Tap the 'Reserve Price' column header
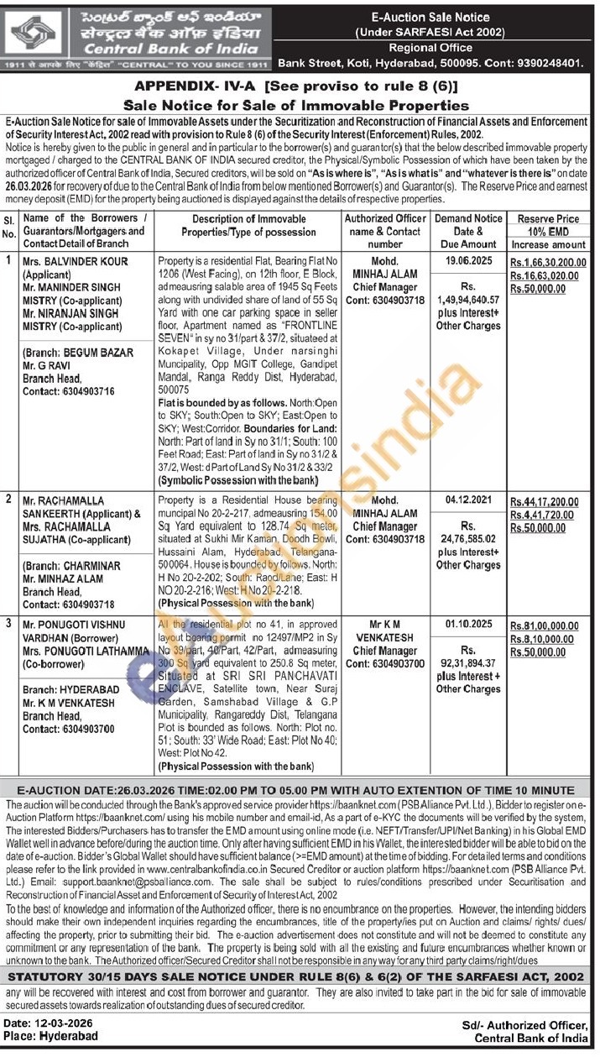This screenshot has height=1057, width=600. click(x=549, y=218)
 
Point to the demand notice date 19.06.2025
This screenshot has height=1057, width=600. click(x=467, y=261)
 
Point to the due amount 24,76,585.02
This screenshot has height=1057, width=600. click(x=467, y=542)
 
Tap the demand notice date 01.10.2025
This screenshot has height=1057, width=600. click(x=467, y=625)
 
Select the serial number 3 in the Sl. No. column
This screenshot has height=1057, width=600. click(x=8, y=625)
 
